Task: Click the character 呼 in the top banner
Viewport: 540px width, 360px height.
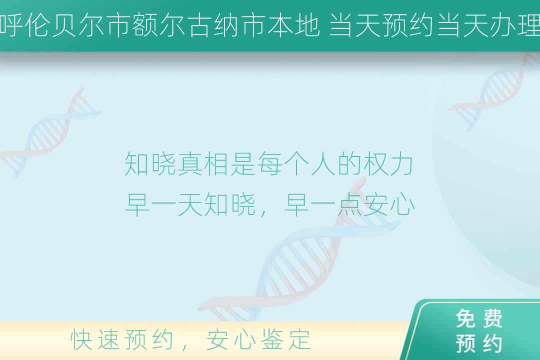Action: (x=11, y=25)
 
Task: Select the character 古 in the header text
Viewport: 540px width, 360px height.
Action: (x=200, y=25)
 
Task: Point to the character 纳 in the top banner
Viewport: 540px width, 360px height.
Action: (x=227, y=25)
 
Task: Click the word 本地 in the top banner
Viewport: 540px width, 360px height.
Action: (x=294, y=25)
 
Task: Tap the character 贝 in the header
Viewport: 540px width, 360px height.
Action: (x=65, y=25)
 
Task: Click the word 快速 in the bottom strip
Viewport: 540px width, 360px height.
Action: (x=94, y=339)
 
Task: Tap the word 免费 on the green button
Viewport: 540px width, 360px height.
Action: (x=479, y=318)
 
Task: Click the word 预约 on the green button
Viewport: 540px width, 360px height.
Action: (x=479, y=343)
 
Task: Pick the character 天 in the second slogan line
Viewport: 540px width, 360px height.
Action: (x=189, y=205)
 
